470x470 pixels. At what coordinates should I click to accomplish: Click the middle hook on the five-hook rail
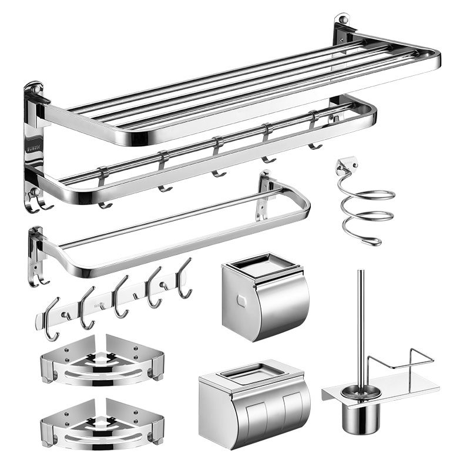[x=120, y=297]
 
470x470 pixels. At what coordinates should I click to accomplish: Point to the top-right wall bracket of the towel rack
[x=343, y=28]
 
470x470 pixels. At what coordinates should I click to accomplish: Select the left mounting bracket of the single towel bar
[x=36, y=250]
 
